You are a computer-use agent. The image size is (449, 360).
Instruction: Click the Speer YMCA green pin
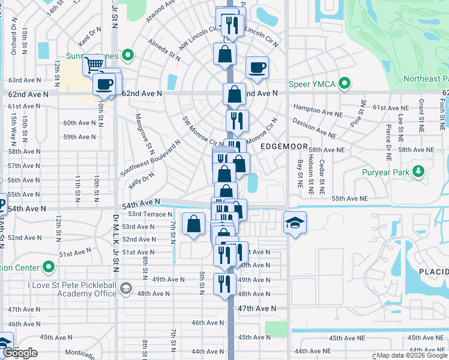345,84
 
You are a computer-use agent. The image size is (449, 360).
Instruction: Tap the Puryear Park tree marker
418,172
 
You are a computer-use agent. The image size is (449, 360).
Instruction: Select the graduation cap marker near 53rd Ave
295,223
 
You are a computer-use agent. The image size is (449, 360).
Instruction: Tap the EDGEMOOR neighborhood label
284,147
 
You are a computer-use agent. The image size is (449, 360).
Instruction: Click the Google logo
20,353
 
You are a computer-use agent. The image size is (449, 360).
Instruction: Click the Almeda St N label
164,52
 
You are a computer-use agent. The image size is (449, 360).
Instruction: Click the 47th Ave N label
257,308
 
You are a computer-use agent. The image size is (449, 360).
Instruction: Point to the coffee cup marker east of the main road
257,68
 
